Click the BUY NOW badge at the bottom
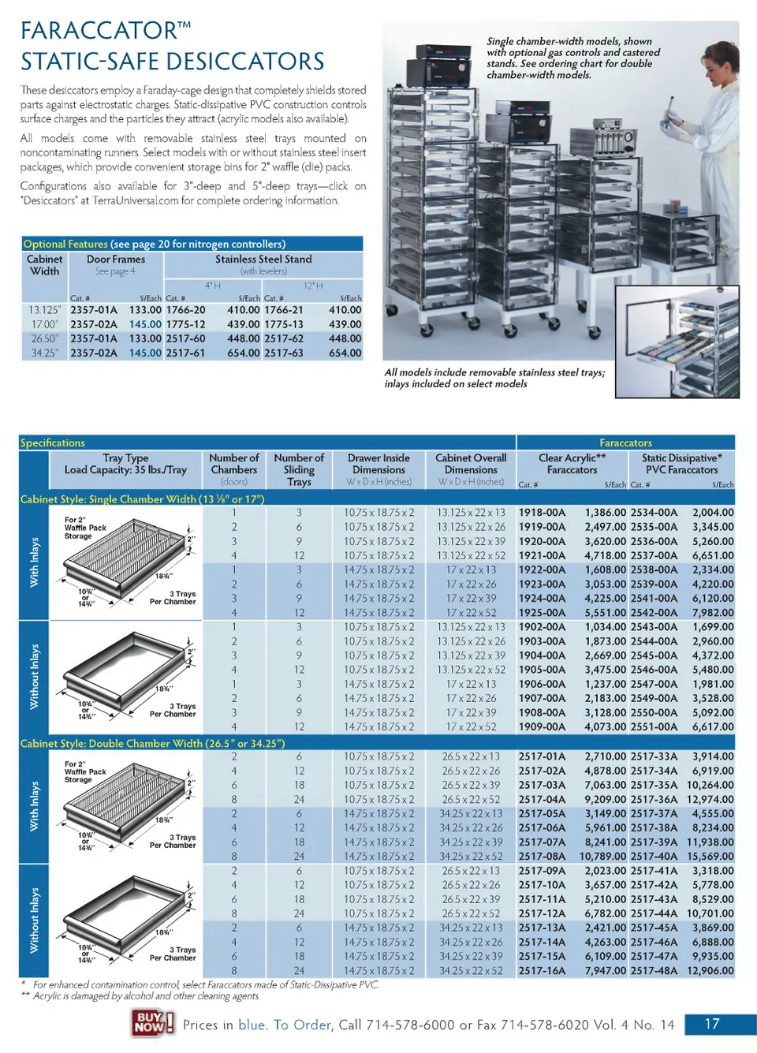point(152,1023)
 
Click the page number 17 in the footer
point(712,1024)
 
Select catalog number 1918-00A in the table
point(542,513)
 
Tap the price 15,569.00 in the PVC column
point(710,857)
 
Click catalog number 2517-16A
point(542,971)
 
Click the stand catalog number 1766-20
point(185,310)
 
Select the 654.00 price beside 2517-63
point(345,353)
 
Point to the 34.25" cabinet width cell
point(44,353)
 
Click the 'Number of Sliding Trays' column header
point(299,469)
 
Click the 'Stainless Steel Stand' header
point(263,260)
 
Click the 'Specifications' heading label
point(53,443)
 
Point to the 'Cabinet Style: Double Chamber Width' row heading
point(152,744)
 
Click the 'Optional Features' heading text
point(65,245)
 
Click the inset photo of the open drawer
point(677,342)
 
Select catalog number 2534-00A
point(654,513)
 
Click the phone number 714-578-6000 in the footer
point(410,1025)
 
